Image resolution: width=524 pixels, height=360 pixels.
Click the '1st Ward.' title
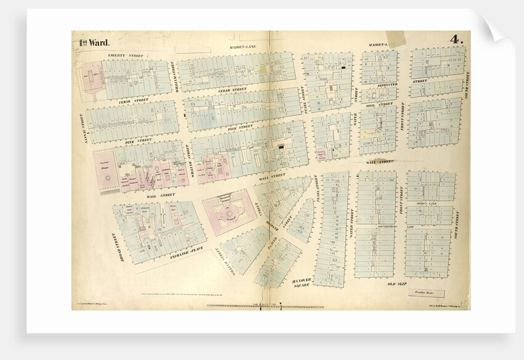coord(94,43)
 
